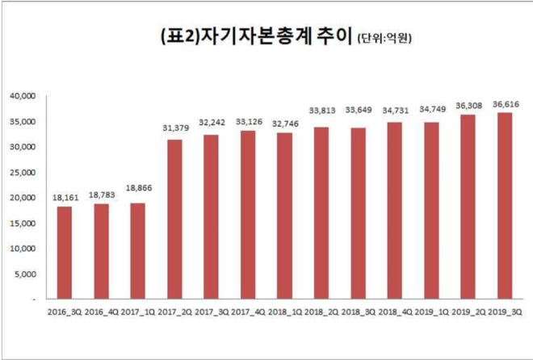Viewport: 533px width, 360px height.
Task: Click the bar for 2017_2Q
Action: (174, 219)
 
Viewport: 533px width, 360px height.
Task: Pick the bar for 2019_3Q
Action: (504, 205)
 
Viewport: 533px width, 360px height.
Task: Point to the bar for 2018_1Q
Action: (284, 216)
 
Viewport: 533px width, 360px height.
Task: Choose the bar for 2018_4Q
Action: (394, 210)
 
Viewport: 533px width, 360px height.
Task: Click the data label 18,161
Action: (65, 195)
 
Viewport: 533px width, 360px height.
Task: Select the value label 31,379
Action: (174, 128)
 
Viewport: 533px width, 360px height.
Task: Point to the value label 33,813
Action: (321, 110)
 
